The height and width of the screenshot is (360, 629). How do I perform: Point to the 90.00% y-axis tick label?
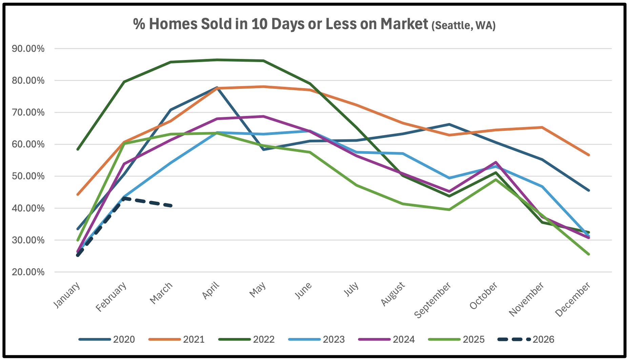[x=28, y=49]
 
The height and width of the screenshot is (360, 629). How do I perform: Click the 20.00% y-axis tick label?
[x=28, y=272]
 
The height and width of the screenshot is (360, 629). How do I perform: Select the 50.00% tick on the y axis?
[x=28, y=176]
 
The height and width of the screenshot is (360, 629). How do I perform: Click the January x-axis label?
[x=67, y=295]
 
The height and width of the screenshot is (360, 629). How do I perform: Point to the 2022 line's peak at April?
[x=217, y=60]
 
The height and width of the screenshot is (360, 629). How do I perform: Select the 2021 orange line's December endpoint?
[x=589, y=155]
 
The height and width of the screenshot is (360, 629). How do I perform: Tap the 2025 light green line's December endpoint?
[x=589, y=254]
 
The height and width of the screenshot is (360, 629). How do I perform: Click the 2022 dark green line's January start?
[x=78, y=149]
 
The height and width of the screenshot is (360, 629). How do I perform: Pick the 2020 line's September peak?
[x=449, y=124]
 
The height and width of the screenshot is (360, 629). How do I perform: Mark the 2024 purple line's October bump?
[x=496, y=162]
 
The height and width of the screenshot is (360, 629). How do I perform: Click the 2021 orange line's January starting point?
[x=78, y=195]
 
